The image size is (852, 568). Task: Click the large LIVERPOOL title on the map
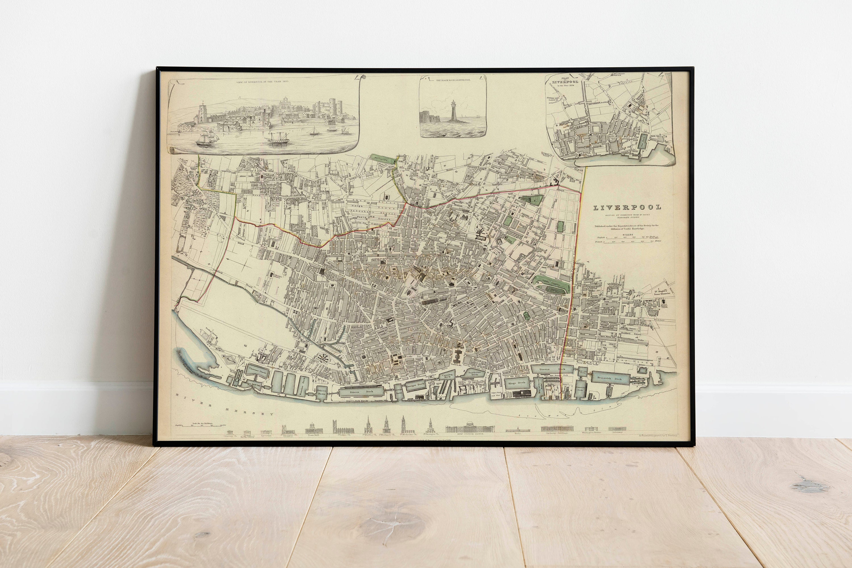pos(627,208)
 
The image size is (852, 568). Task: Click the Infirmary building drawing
pos(617,429)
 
